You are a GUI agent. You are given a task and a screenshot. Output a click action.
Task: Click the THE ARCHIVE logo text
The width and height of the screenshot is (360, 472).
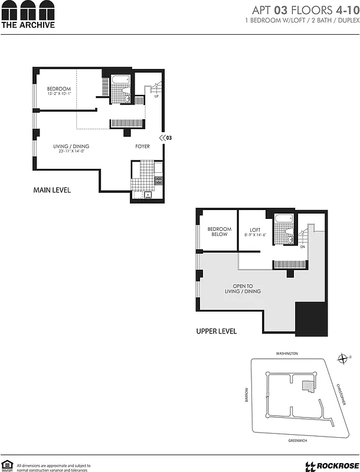click(28, 25)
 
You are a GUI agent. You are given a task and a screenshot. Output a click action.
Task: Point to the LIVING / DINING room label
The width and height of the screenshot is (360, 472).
click(71, 147)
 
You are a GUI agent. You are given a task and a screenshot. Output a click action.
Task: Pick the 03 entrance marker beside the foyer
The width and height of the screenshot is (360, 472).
click(166, 137)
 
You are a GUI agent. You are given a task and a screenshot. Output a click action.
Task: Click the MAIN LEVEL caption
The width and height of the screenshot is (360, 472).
click(52, 190)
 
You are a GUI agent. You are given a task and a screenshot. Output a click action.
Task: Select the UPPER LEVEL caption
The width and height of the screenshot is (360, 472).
click(216, 331)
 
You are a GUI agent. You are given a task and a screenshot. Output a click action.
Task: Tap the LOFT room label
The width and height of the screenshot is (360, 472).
click(255, 231)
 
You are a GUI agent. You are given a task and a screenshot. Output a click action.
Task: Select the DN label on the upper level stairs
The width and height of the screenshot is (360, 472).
click(303, 247)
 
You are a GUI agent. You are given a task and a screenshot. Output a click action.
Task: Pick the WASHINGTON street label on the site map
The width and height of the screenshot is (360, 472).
click(287, 353)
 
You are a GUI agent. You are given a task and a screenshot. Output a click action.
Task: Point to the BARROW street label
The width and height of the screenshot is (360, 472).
click(248, 395)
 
